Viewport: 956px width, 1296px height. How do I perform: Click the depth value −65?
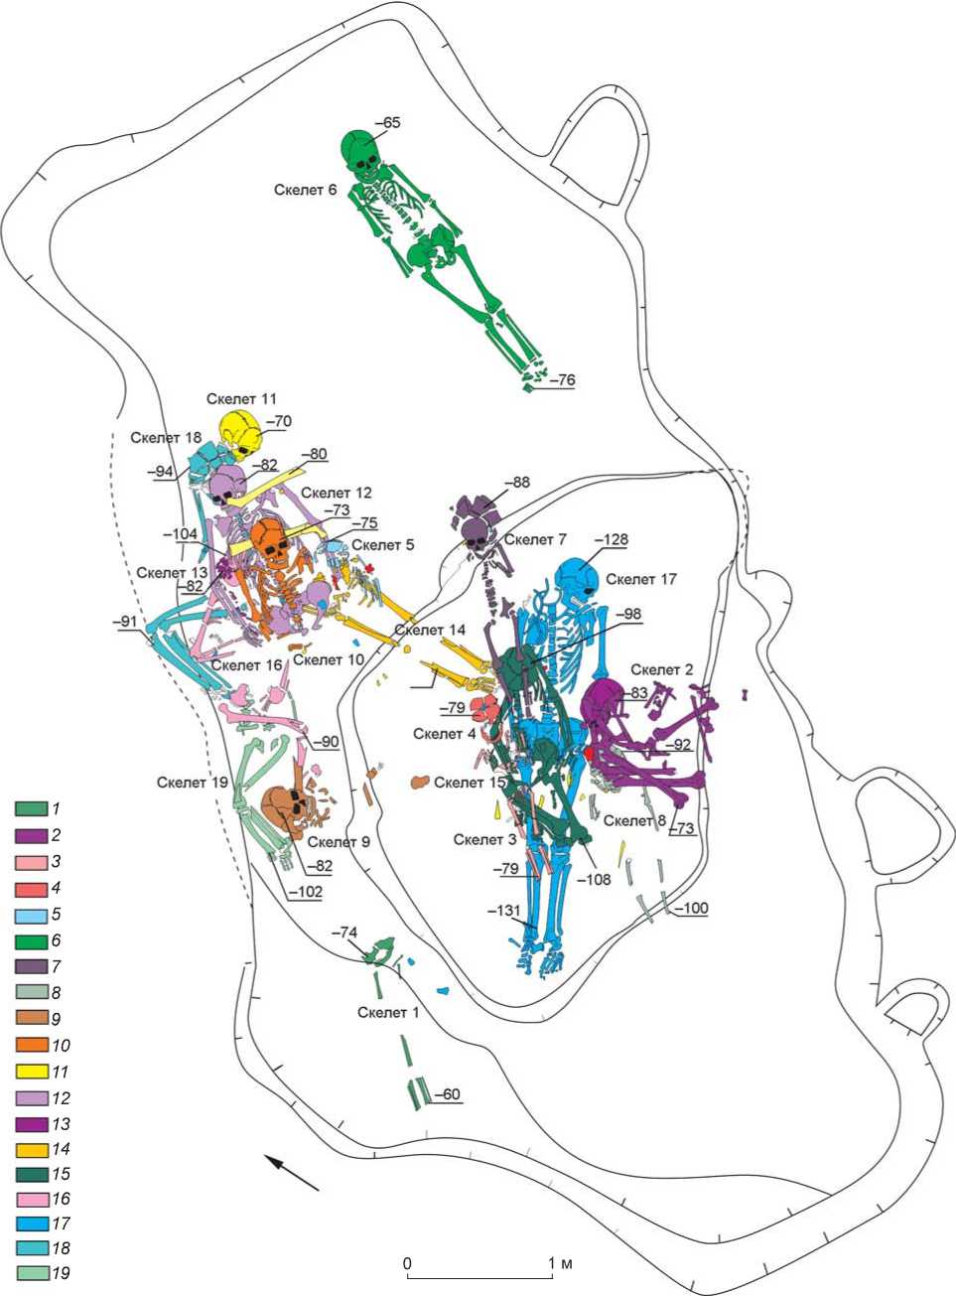point(386,122)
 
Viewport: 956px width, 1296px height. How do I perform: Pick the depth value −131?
point(502,910)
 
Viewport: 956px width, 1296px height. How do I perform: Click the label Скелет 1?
point(389,1012)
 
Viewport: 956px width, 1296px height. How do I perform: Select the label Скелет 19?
point(193,782)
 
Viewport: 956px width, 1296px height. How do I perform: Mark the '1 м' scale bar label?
point(562,1263)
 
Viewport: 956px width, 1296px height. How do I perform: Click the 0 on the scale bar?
point(407,1262)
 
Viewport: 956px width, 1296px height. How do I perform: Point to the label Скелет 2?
point(661,669)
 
